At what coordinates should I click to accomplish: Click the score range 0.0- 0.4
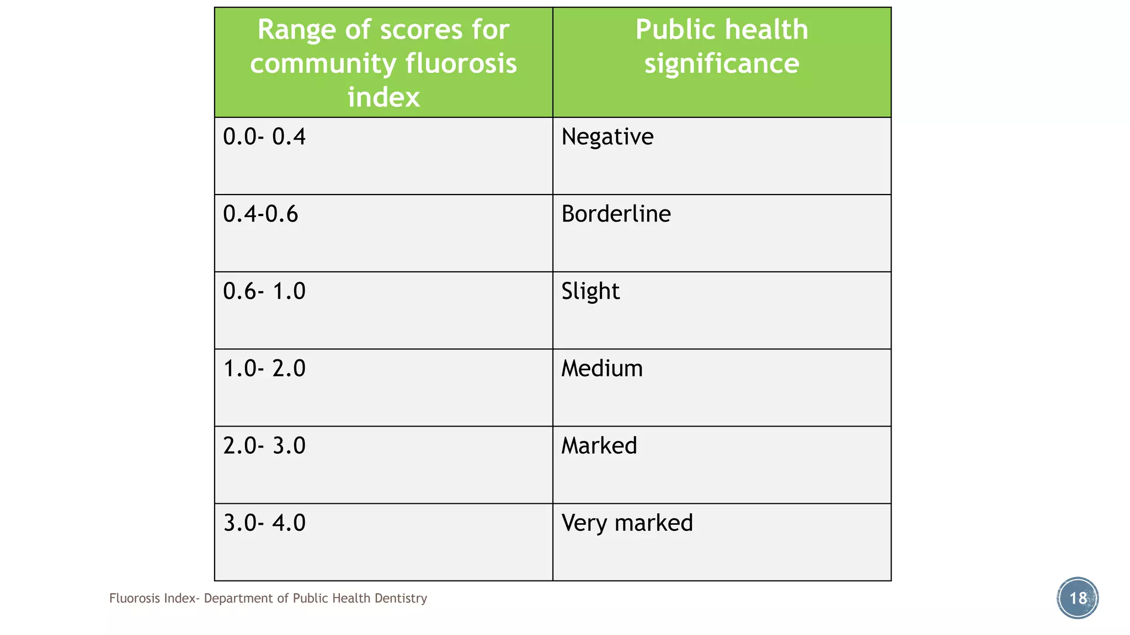pos(264,137)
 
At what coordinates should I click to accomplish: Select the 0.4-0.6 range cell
pos(260,214)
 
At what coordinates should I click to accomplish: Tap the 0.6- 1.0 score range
pos(264,291)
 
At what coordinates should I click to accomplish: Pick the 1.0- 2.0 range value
pos(264,368)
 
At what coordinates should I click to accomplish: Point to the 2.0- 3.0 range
pos(264,445)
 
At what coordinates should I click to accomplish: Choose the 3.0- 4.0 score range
pos(264,523)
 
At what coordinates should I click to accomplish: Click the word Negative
pos(607,137)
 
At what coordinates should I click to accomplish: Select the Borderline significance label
pos(616,214)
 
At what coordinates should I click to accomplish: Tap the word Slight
pos(590,291)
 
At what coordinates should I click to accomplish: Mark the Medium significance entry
pos(602,368)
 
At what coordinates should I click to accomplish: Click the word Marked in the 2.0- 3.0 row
pos(599,445)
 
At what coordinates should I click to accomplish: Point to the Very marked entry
pos(627,523)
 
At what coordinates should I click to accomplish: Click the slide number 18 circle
pos(1078,598)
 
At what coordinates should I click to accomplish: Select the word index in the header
pos(383,98)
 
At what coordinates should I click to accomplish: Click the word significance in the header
pos(722,63)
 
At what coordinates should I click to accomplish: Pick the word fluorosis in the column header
pos(461,63)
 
